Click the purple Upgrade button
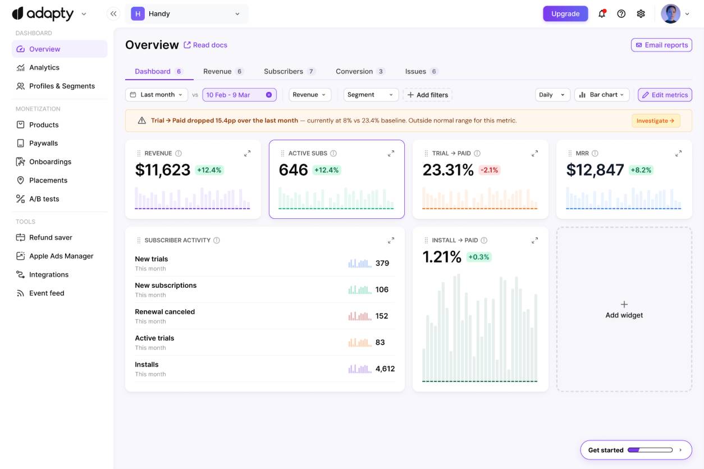(565, 13)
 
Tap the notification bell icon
(602, 13)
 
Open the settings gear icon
(641, 13)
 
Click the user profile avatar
(670, 13)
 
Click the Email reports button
(661, 45)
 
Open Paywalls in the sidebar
(43, 143)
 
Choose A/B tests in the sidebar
(44, 199)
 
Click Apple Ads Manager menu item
(61, 256)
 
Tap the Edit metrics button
(665, 95)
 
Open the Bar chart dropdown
(601, 95)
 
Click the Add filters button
(427, 95)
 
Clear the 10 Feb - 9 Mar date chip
(269, 95)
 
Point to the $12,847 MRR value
(595, 170)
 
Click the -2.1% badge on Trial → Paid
(490, 170)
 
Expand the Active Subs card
(391, 153)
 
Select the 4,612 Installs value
(385, 369)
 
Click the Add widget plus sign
(624, 304)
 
